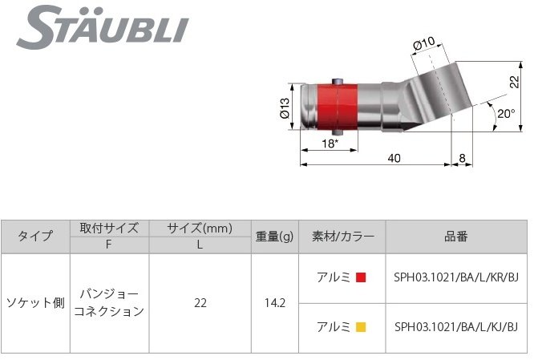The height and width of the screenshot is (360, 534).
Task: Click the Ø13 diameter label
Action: tap(285, 107)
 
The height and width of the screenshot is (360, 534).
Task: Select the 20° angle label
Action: tap(505, 114)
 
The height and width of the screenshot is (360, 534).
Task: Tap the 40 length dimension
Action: tap(393, 159)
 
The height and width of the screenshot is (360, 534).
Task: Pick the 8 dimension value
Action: tap(463, 159)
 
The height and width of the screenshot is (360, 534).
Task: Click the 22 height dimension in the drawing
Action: tap(515, 81)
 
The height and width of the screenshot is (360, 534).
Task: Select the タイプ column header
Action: tap(35, 236)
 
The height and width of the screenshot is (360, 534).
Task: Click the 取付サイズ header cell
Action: tap(109, 228)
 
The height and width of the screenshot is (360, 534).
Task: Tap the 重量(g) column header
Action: tap(275, 236)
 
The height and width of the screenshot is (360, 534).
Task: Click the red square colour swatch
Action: tap(361, 278)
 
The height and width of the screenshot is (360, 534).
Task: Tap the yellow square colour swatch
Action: tap(361, 326)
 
